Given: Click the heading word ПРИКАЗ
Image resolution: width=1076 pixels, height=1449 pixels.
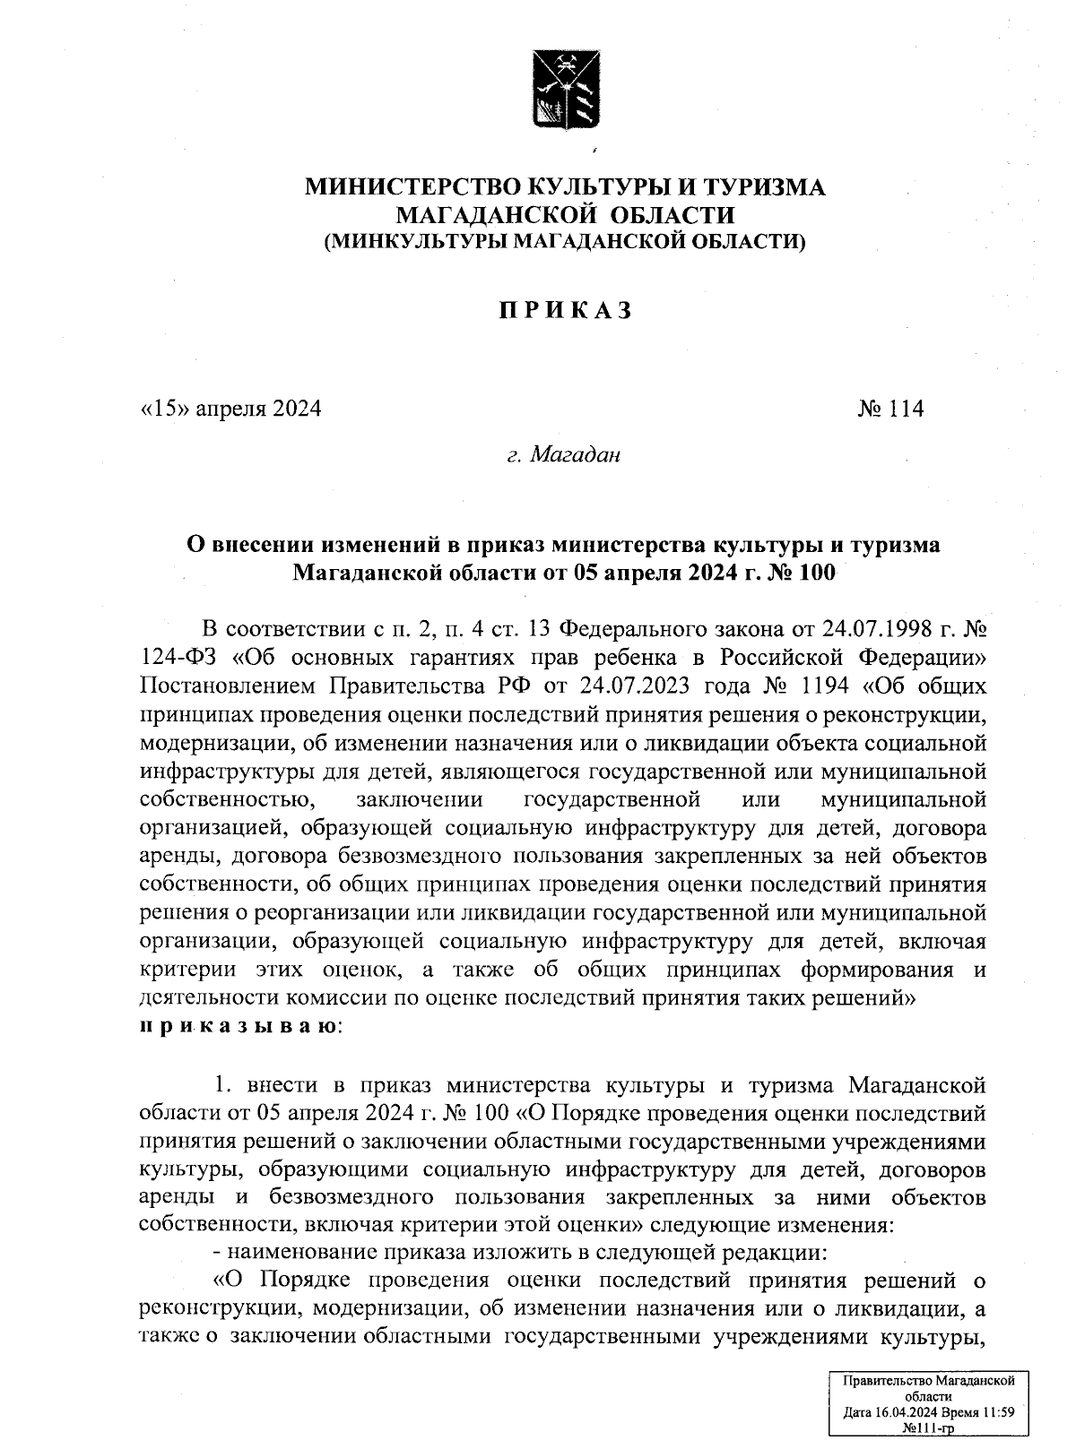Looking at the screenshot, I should pos(566,311).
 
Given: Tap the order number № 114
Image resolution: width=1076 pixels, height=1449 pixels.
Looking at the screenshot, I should pos(890,410).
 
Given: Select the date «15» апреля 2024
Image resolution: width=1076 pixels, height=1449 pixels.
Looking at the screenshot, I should pos(230,410).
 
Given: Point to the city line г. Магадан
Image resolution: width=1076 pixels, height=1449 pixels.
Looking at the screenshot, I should pos(564,456).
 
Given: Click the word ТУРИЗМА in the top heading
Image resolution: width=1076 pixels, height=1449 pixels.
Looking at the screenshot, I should pos(763,187).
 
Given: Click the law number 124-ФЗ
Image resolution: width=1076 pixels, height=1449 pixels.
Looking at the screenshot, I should pos(180,658).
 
